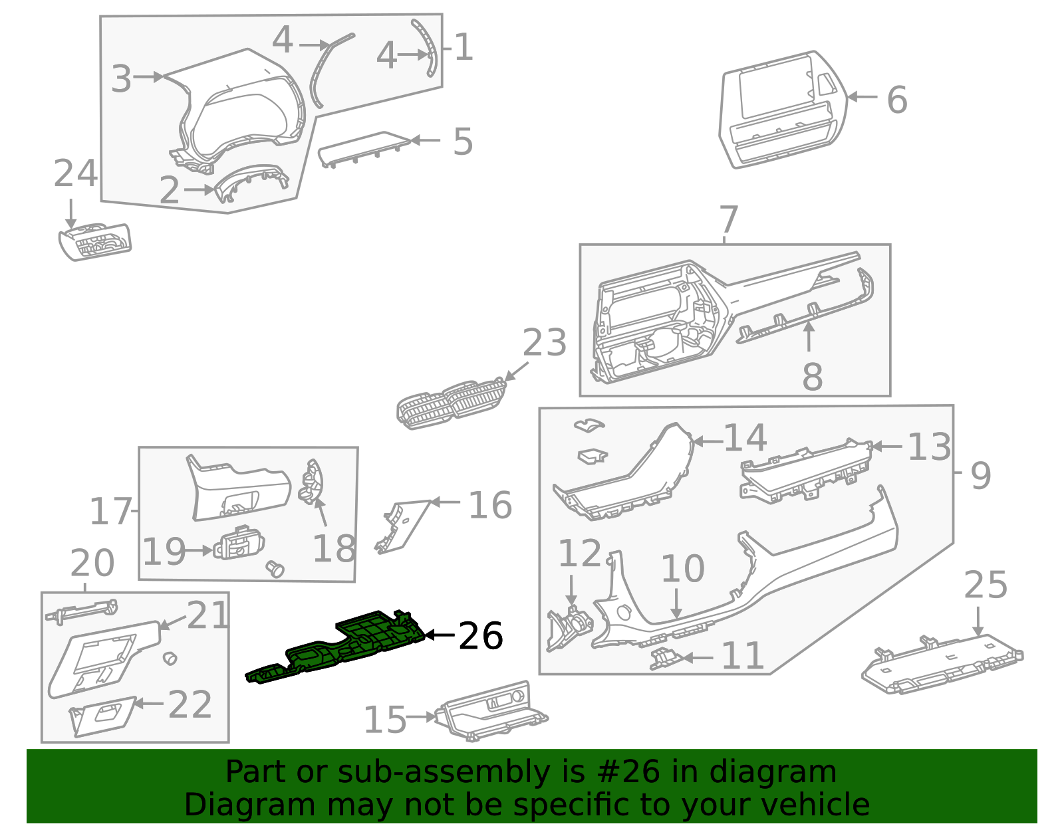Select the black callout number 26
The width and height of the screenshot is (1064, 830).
tap(480, 637)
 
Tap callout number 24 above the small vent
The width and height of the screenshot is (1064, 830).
tap(75, 174)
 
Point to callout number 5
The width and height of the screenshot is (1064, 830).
tap(462, 142)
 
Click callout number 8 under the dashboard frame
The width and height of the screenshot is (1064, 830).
tap(812, 377)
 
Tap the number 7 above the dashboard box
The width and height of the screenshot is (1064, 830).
tap(729, 219)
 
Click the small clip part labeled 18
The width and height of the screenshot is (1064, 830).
tap(311, 482)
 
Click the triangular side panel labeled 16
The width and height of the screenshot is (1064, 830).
tap(402, 525)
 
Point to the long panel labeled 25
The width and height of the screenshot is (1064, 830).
tap(941, 665)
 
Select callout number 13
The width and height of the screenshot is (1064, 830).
tap(929, 447)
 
